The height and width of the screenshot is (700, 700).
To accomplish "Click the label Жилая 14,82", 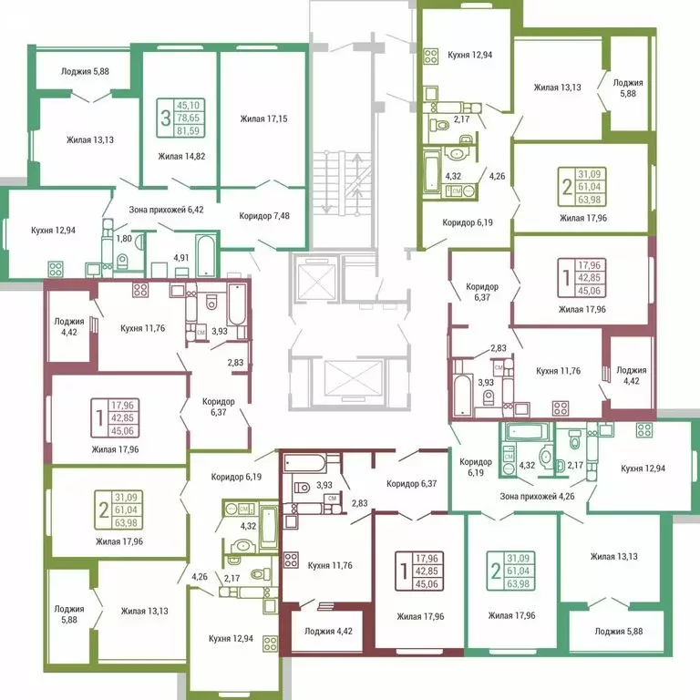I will pyautogui.click(x=181, y=157).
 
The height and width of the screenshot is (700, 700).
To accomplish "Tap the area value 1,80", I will pyautogui.click(x=125, y=239).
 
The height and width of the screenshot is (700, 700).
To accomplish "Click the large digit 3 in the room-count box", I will pyautogui.click(x=165, y=117).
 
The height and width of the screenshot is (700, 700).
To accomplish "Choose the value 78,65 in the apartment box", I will pyautogui.click(x=190, y=118).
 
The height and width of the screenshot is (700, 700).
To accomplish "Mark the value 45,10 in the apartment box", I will pyautogui.click(x=190, y=105).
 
